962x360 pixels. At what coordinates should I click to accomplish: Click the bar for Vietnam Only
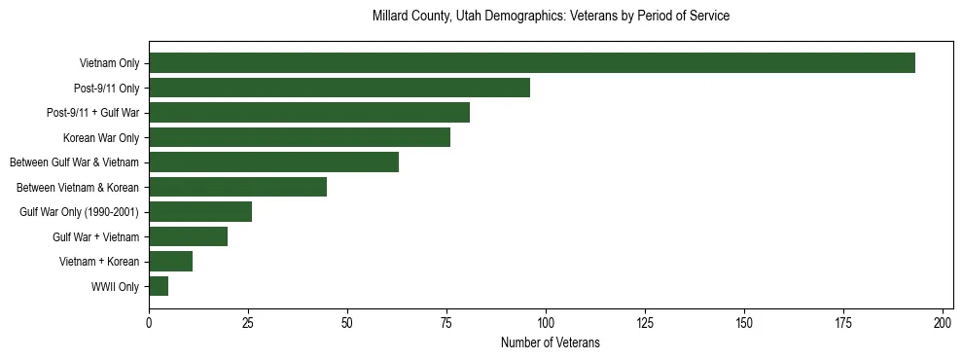(532, 63)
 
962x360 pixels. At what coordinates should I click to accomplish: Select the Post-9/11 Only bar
(339, 88)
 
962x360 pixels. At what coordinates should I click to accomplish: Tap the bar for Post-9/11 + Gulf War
(309, 113)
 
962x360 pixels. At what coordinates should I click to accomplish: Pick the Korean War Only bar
(300, 137)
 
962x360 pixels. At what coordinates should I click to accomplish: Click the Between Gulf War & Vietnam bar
(273, 162)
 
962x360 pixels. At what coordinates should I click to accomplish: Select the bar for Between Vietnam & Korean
(238, 187)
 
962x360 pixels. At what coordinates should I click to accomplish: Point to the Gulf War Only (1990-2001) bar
(200, 211)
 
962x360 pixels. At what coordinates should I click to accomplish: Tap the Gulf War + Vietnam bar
(188, 236)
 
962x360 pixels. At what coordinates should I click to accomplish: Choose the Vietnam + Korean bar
(170, 261)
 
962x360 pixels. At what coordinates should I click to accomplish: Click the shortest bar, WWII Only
(159, 286)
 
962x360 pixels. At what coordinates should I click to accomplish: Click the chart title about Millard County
(551, 17)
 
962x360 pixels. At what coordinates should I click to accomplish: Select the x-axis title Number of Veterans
(551, 343)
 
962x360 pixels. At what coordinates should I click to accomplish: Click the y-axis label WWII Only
(115, 286)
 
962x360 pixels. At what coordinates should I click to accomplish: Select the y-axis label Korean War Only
(101, 137)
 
